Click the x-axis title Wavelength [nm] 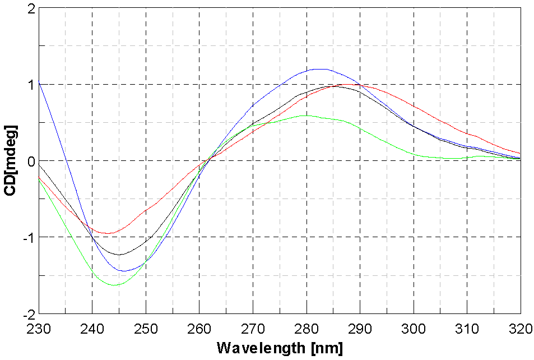pyautogui.click(x=279, y=348)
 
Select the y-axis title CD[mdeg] pyautogui.click(x=10, y=161)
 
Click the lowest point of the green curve pyautogui.click(x=114, y=285)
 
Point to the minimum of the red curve pyautogui.click(x=109, y=233)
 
